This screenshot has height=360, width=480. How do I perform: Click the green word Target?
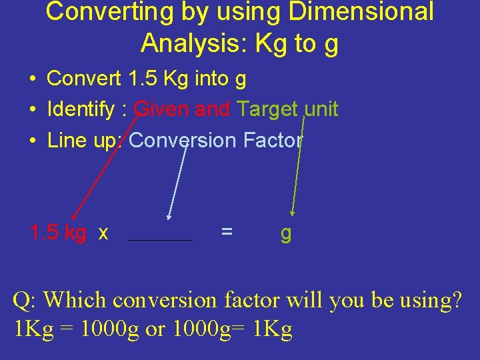[x=267, y=109]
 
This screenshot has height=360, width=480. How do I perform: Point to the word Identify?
[x=80, y=109]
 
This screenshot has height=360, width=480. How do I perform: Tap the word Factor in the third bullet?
[x=273, y=141]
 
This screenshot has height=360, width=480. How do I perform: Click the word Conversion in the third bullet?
[x=183, y=141]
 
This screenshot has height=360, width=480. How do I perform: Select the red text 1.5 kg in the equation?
[x=58, y=233]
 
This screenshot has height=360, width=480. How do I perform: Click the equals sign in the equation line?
[x=227, y=232]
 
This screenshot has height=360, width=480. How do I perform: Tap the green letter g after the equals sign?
[x=286, y=234]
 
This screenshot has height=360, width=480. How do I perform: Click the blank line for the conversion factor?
[x=160, y=239]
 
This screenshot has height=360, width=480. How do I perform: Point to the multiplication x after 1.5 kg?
[x=103, y=233]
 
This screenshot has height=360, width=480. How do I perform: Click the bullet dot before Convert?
[x=32, y=79]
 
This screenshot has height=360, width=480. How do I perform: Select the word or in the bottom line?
[x=155, y=331]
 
